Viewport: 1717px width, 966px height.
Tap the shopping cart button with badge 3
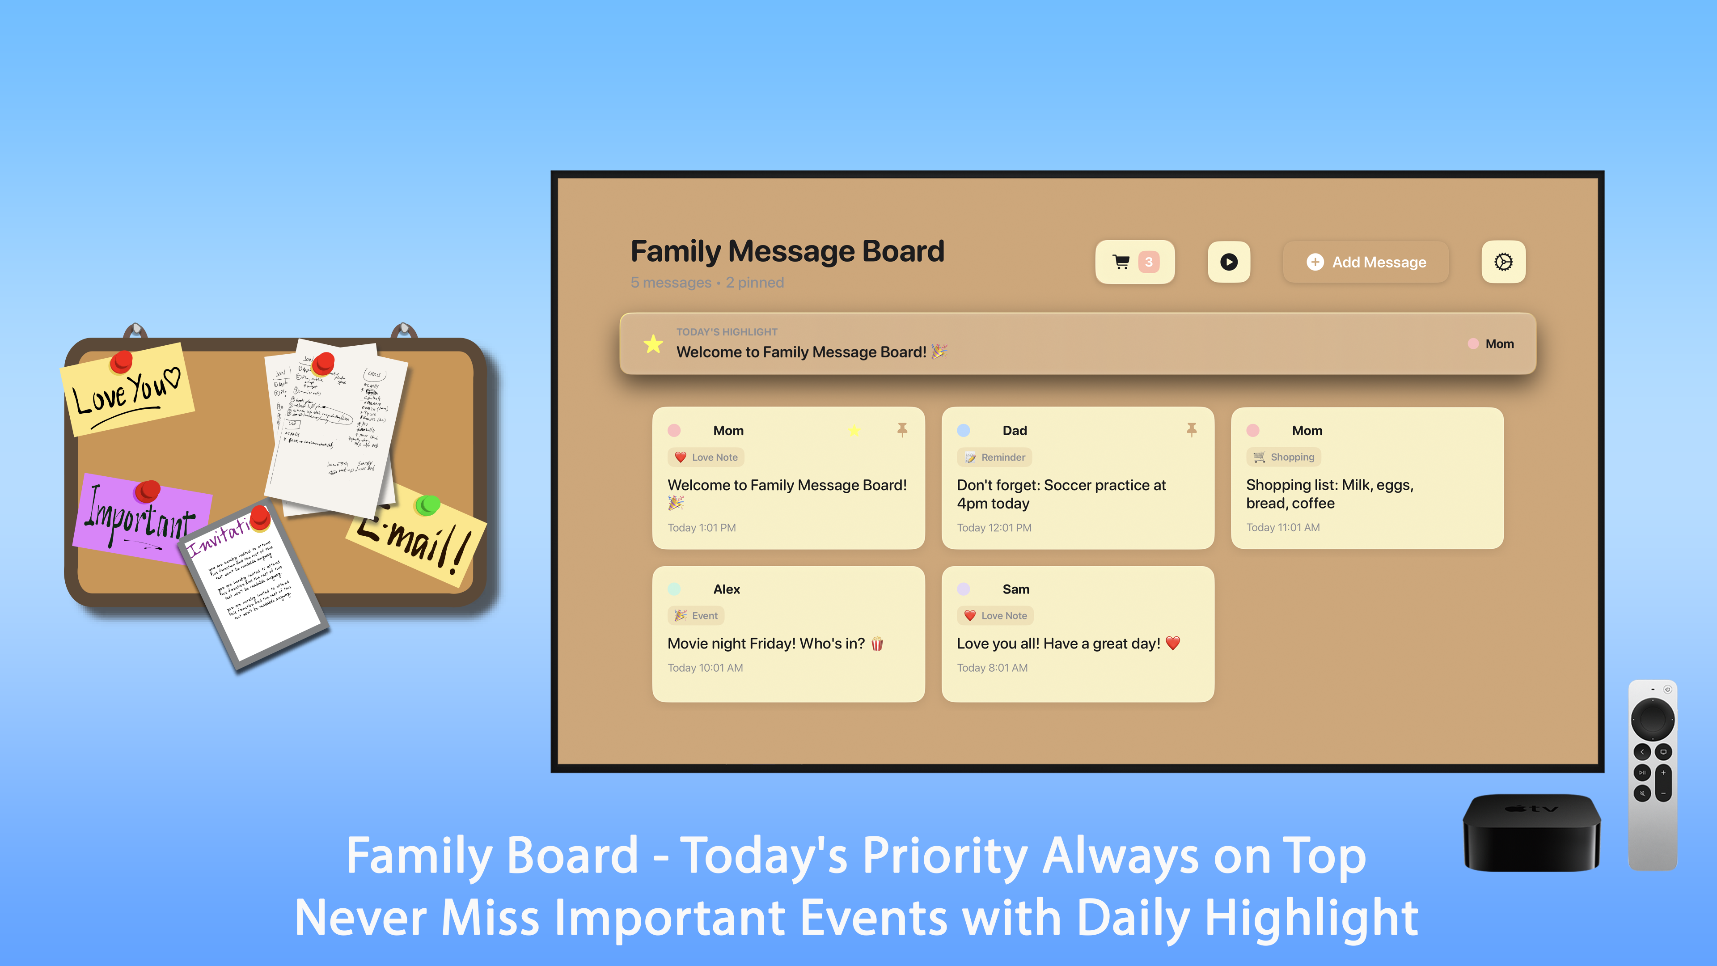coord(1134,262)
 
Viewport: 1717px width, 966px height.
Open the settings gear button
coord(1503,262)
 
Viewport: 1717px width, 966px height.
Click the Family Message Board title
coord(787,251)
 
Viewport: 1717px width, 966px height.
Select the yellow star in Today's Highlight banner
coord(653,344)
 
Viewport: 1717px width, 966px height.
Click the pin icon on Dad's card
coord(1191,430)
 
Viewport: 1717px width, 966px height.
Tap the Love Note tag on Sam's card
coord(995,616)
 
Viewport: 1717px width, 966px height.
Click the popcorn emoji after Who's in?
coord(877,644)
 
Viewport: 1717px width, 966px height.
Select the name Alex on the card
coord(727,589)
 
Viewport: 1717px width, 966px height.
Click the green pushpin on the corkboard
coord(427,505)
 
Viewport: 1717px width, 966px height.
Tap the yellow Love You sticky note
coord(127,394)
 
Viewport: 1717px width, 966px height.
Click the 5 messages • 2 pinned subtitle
coord(707,283)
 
